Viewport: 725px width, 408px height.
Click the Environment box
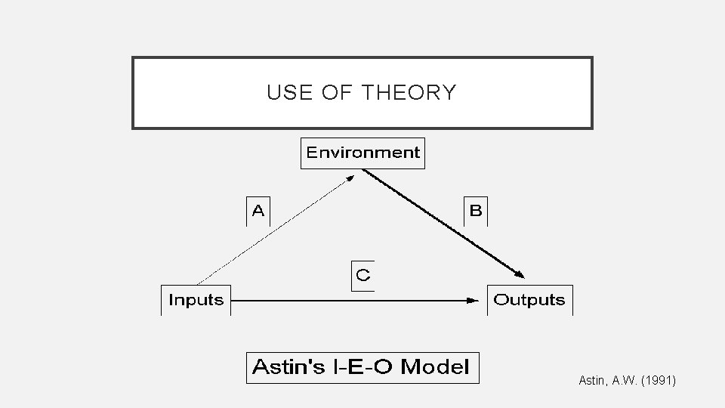tap(362, 153)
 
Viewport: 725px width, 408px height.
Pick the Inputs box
tap(196, 300)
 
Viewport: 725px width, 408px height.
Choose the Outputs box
tap(529, 300)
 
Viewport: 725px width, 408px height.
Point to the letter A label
tap(258, 211)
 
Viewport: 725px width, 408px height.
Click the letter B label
tap(476, 211)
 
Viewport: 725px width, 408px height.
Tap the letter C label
tap(363, 275)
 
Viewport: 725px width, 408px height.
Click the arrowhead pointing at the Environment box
tap(351, 178)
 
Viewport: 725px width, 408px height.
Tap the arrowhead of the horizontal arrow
tap(473, 300)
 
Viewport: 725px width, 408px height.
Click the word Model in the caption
tap(435, 367)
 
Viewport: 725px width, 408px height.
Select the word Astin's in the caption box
tap(283, 367)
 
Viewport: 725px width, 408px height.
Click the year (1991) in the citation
tap(659, 382)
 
